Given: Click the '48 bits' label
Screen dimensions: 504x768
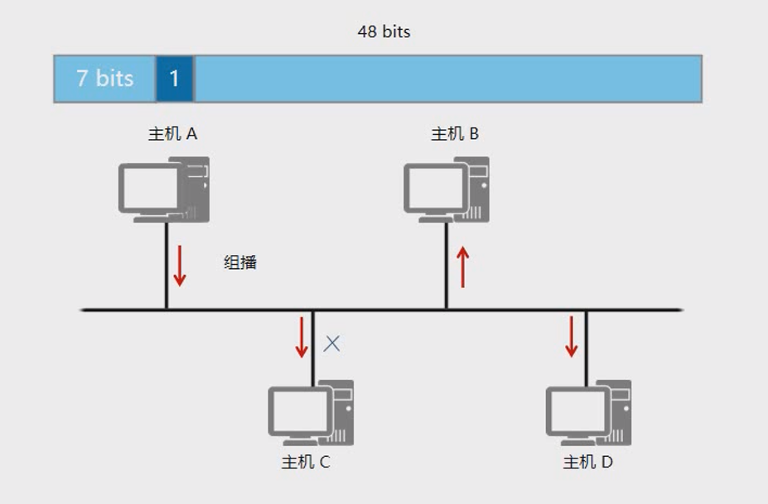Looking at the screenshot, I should [384, 32].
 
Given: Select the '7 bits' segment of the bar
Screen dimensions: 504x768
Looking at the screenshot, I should [104, 79].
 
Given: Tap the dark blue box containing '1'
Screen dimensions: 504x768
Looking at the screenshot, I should [175, 79].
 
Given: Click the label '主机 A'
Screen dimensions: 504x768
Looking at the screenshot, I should [172, 133].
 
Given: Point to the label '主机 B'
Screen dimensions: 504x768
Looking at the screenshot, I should [455, 133].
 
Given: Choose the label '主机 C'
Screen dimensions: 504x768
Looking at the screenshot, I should [306, 462].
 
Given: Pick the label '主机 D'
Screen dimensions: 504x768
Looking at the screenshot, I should [587, 462].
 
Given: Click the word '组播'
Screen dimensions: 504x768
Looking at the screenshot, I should [240, 263].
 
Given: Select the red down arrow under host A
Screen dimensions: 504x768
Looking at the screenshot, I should [179, 266].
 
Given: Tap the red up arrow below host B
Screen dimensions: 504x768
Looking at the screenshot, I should [462, 267].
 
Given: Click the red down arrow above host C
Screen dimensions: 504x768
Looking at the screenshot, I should [302, 339].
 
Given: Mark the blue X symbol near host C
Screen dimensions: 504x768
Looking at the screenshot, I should [331, 343].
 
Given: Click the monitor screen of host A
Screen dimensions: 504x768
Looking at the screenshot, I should [150, 186].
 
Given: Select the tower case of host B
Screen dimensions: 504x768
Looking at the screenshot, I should [471, 188].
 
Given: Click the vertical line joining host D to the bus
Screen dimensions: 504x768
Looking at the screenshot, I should [586, 348].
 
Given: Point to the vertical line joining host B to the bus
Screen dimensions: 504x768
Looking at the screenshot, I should [447, 265].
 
